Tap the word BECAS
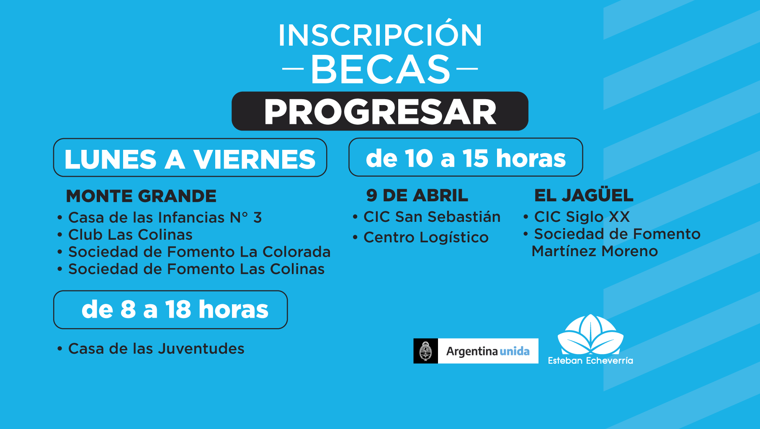pos(380,69)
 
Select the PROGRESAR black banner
pos(380,111)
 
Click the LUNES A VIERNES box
pos(190,158)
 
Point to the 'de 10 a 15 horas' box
pos(466,157)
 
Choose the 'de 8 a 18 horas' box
pos(170,310)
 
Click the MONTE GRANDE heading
pos(141,196)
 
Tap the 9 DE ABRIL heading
pos(417,195)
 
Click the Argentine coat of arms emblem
pos(425,351)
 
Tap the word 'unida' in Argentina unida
pos(515,351)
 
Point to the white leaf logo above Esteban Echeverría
pos(590,335)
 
